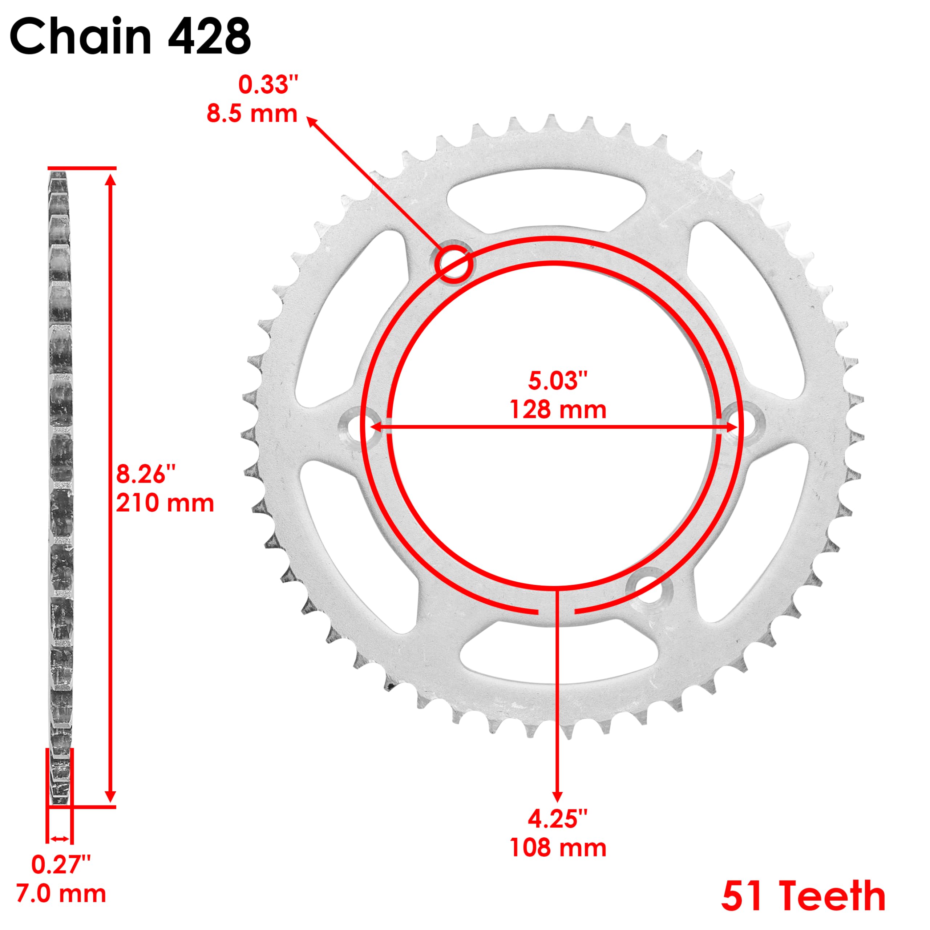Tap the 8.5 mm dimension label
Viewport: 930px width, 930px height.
pyautogui.click(x=252, y=114)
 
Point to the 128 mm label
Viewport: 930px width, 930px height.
pyautogui.click(x=557, y=410)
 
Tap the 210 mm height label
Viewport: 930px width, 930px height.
pyautogui.click(x=165, y=503)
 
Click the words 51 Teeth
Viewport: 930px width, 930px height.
pyautogui.click(x=804, y=896)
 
